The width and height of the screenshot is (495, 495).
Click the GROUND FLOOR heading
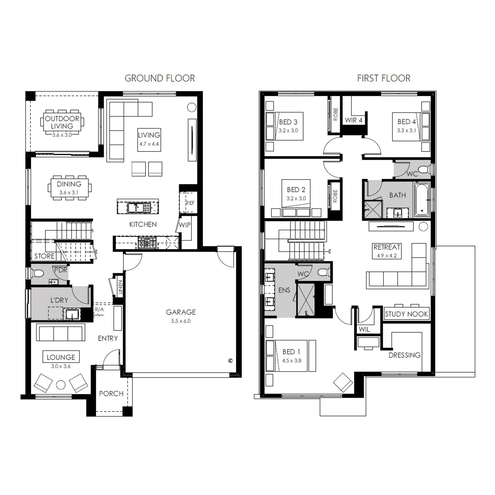(x=160, y=78)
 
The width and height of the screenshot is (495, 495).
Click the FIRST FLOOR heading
(x=384, y=78)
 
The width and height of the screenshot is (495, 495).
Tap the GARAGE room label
(x=181, y=312)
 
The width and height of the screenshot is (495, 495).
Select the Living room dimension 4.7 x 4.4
(x=149, y=144)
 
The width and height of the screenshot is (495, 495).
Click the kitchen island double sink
(x=139, y=207)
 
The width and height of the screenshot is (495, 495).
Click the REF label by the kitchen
(x=190, y=203)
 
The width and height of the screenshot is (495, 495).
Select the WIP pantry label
(x=184, y=225)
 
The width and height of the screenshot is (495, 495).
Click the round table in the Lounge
(x=61, y=385)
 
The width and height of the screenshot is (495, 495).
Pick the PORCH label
(x=111, y=394)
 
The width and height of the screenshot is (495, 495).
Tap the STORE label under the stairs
(x=44, y=256)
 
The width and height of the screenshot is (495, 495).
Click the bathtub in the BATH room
(x=422, y=200)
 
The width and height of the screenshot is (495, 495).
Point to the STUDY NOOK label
(x=406, y=314)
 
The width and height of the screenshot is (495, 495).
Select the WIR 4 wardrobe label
(x=353, y=120)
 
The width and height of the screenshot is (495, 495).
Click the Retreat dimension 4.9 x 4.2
(x=387, y=255)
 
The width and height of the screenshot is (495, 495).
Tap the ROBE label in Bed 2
(x=335, y=196)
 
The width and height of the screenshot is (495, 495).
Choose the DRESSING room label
(x=405, y=355)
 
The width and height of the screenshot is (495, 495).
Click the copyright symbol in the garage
(x=230, y=361)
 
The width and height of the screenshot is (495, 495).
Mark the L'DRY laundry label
(x=59, y=300)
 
